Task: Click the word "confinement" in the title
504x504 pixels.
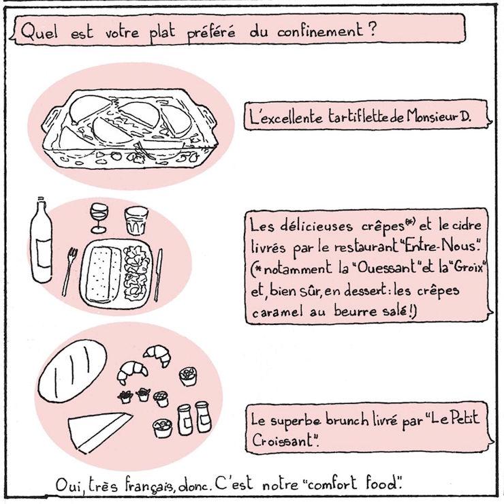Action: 320,31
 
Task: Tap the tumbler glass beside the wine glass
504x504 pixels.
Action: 136,221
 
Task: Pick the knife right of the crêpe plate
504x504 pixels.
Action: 159,275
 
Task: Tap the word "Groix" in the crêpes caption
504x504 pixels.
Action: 467,267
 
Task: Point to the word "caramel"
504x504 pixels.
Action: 277,312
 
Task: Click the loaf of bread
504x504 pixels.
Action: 72,371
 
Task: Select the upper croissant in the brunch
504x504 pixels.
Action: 157,355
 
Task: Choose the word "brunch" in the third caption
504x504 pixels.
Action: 347,420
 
